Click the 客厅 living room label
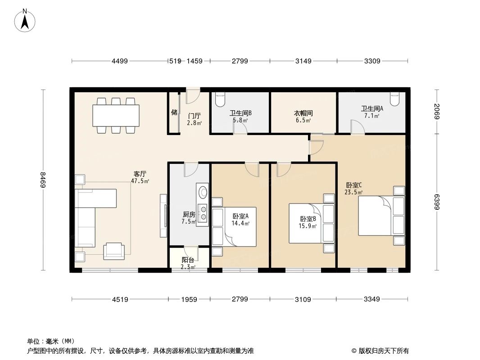[x=140, y=173]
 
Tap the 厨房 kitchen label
[x=188, y=215]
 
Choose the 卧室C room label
[x=354, y=185]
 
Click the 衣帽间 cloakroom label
[x=303, y=114]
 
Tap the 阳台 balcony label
[x=188, y=260]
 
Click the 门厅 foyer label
[x=195, y=116]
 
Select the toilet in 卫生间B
[x=220, y=99]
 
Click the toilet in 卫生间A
[x=394, y=99]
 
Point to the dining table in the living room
[x=116, y=116]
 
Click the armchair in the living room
[x=113, y=251]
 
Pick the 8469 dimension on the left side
[x=43, y=180]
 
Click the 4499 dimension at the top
[x=120, y=61]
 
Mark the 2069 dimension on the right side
[x=437, y=111]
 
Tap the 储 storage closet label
[x=174, y=112]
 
